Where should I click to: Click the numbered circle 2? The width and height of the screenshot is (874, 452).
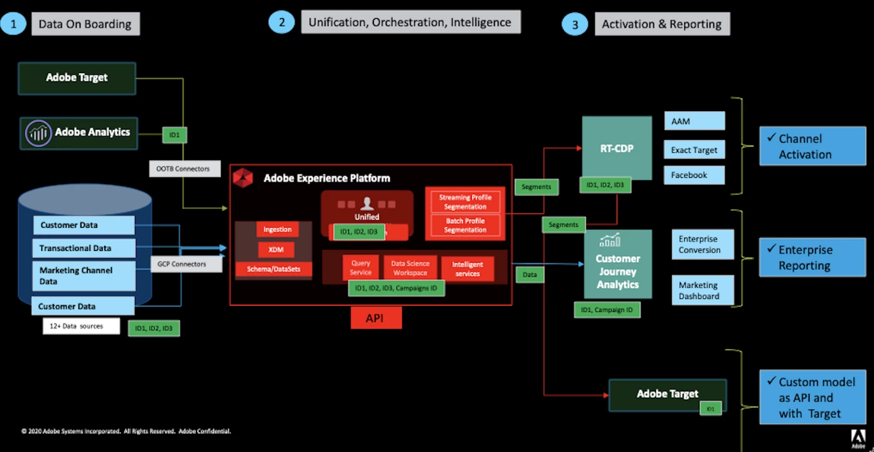[x=282, y=22]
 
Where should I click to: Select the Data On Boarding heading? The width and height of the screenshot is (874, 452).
[x=85, y=24]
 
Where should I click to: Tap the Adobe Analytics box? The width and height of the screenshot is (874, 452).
[x=79, y=133]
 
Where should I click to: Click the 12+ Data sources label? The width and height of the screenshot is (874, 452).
[x=81, y=326]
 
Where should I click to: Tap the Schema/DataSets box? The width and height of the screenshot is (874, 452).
[x=274, y=270]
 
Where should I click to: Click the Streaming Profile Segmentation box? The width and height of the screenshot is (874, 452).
[x=465, y=202]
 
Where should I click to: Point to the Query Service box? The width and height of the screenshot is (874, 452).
[x=361, y=268]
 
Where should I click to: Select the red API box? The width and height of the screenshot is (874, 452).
[x=375, y=318]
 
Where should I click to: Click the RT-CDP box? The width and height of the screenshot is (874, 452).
[x=617, y=149]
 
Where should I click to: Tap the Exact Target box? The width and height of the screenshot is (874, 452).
[x=694, y=150]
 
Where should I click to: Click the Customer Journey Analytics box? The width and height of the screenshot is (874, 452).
[x=617, y=264]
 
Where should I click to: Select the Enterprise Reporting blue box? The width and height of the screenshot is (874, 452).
[x=812, y=257]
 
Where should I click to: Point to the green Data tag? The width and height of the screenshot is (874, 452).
[x=529, y=274]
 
